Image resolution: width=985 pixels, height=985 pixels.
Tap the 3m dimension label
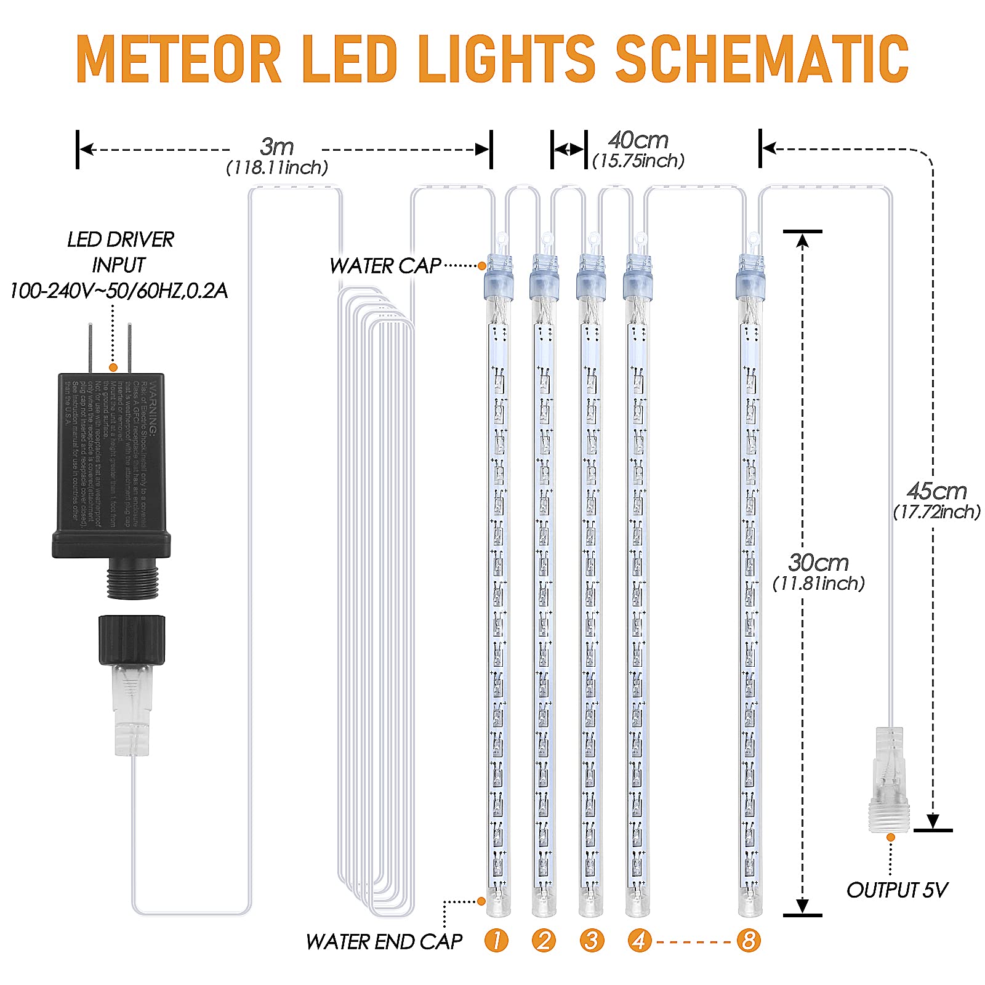(x=276, y=147)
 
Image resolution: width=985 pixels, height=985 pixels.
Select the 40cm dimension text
(x=638, y=140)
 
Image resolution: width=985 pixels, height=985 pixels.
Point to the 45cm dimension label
(x=936, y=491)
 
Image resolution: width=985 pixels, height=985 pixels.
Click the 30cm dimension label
(x=818, y=563)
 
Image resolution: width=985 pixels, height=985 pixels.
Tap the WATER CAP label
(x=385, y=266)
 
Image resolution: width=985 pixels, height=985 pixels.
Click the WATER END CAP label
(x=384, y=941)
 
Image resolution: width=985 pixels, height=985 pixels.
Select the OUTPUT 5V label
(x=896, y=890)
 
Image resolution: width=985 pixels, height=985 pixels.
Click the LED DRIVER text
(x=121, y=239)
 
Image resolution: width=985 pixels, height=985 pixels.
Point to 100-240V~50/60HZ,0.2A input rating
(x=118, y=291)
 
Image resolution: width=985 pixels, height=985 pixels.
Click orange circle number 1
(x=496, y=940)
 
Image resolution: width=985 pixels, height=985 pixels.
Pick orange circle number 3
(x=592, y=940)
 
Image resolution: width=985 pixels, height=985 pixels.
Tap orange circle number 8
(x=749, y=940)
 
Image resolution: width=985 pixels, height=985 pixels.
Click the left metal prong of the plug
(x=90, y=348)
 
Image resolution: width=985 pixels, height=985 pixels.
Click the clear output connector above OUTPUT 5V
(x=889, y=779)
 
